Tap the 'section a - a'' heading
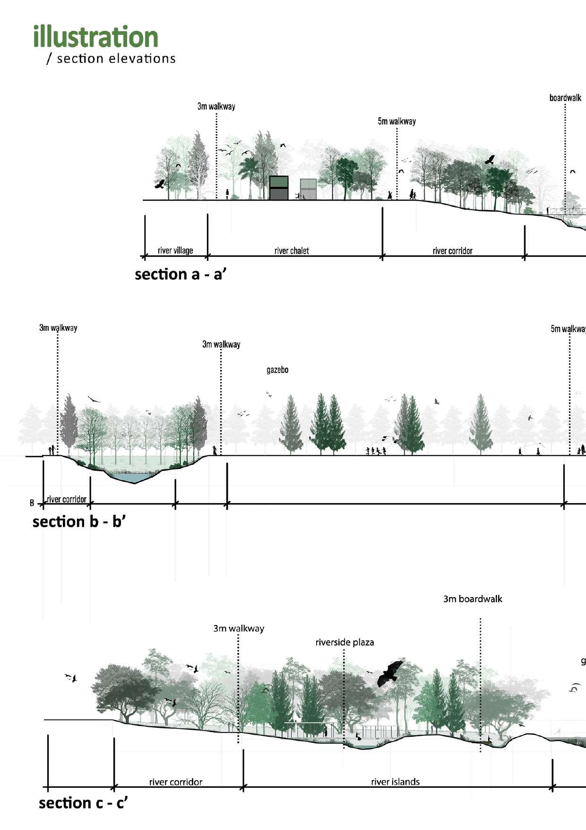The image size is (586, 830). [181, 274]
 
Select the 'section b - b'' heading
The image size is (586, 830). [79, 521]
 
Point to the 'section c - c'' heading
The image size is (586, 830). [83, 803]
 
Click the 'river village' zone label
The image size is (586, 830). [175, 250]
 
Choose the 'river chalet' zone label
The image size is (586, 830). [292, 251]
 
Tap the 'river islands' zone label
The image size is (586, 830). [395, 782]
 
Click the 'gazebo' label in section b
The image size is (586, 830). [277, 370]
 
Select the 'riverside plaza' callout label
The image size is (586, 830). [345, 642]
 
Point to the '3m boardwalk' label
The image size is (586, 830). [473, 599]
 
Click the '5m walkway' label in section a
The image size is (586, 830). [396, 122]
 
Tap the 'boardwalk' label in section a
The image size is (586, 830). [565, 98]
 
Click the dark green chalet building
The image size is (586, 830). [279, 188]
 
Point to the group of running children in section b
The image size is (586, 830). [376, 451]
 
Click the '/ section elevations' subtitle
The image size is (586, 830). [111, 59]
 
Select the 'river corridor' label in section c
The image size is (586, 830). [176, 782]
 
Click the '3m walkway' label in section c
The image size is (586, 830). [239, 628]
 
